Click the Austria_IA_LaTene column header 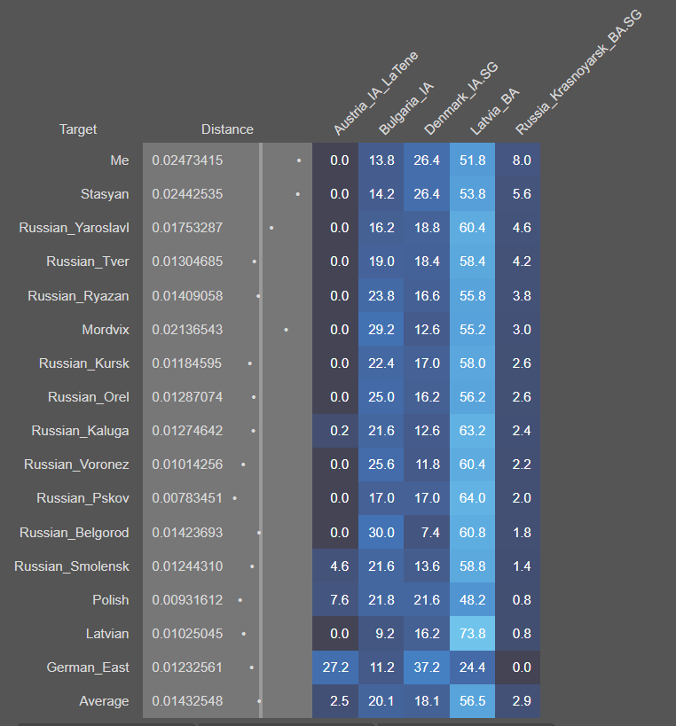[x=374, y=94]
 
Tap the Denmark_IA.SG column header [x=460, y=99]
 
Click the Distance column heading [x=227, y=129]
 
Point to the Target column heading [x=78, y=129]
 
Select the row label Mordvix [x=106, y=330]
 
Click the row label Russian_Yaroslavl [x=75, y=228]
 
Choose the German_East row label [x=88, y=667]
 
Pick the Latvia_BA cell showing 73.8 [x=472, y=634]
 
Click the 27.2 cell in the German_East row [x=339, y=667]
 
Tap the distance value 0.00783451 [x=187, y=498]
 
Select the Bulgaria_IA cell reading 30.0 [x=381, y=533]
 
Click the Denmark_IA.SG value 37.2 [x=427, y=667]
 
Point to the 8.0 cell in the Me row [x=522, y=160]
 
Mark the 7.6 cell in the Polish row [x=339, y=600]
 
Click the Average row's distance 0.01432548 [x=187, y=701]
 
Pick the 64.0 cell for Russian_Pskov [x=472, y=498]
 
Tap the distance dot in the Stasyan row [x=297, y=194]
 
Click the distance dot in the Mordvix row [x=286, y=330]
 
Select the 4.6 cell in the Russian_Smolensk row [x=339, y=566]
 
